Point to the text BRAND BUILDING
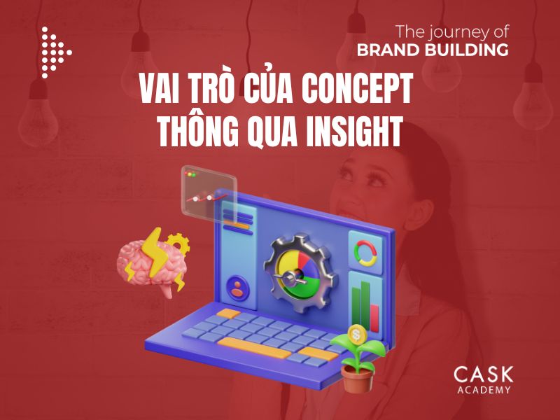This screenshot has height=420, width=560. click(x=432, y=50)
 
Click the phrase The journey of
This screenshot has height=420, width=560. click(x=451, y=31)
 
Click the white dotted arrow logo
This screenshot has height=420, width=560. click(x=55, y=52)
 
